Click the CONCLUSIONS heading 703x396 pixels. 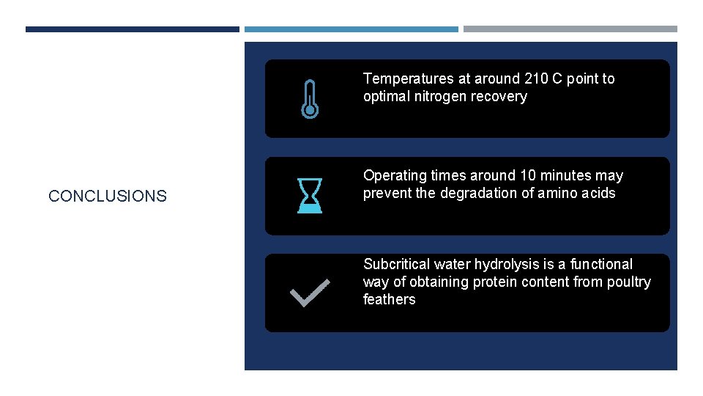(108, 196)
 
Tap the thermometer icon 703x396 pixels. (310, 99)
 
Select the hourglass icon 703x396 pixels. (309, 196)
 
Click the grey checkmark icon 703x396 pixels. (310, 293)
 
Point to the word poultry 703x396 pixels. (628, 282)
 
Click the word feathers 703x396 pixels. (389, 299)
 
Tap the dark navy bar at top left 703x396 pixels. (132, 29)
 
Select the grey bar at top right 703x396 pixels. (570, 29)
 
